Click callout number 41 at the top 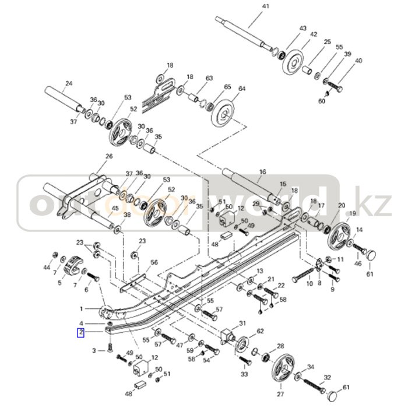coord(249,6)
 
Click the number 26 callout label coord(108,156)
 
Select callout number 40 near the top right coord(358,61)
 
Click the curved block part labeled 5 coord(74,266)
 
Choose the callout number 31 coord(242,324)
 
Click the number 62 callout coord(260,331)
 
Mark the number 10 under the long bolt coord(309,284)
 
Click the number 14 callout coord(359,230)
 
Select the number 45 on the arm coord(115,208)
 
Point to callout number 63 coord(209,78)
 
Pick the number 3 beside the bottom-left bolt coord(94,350)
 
